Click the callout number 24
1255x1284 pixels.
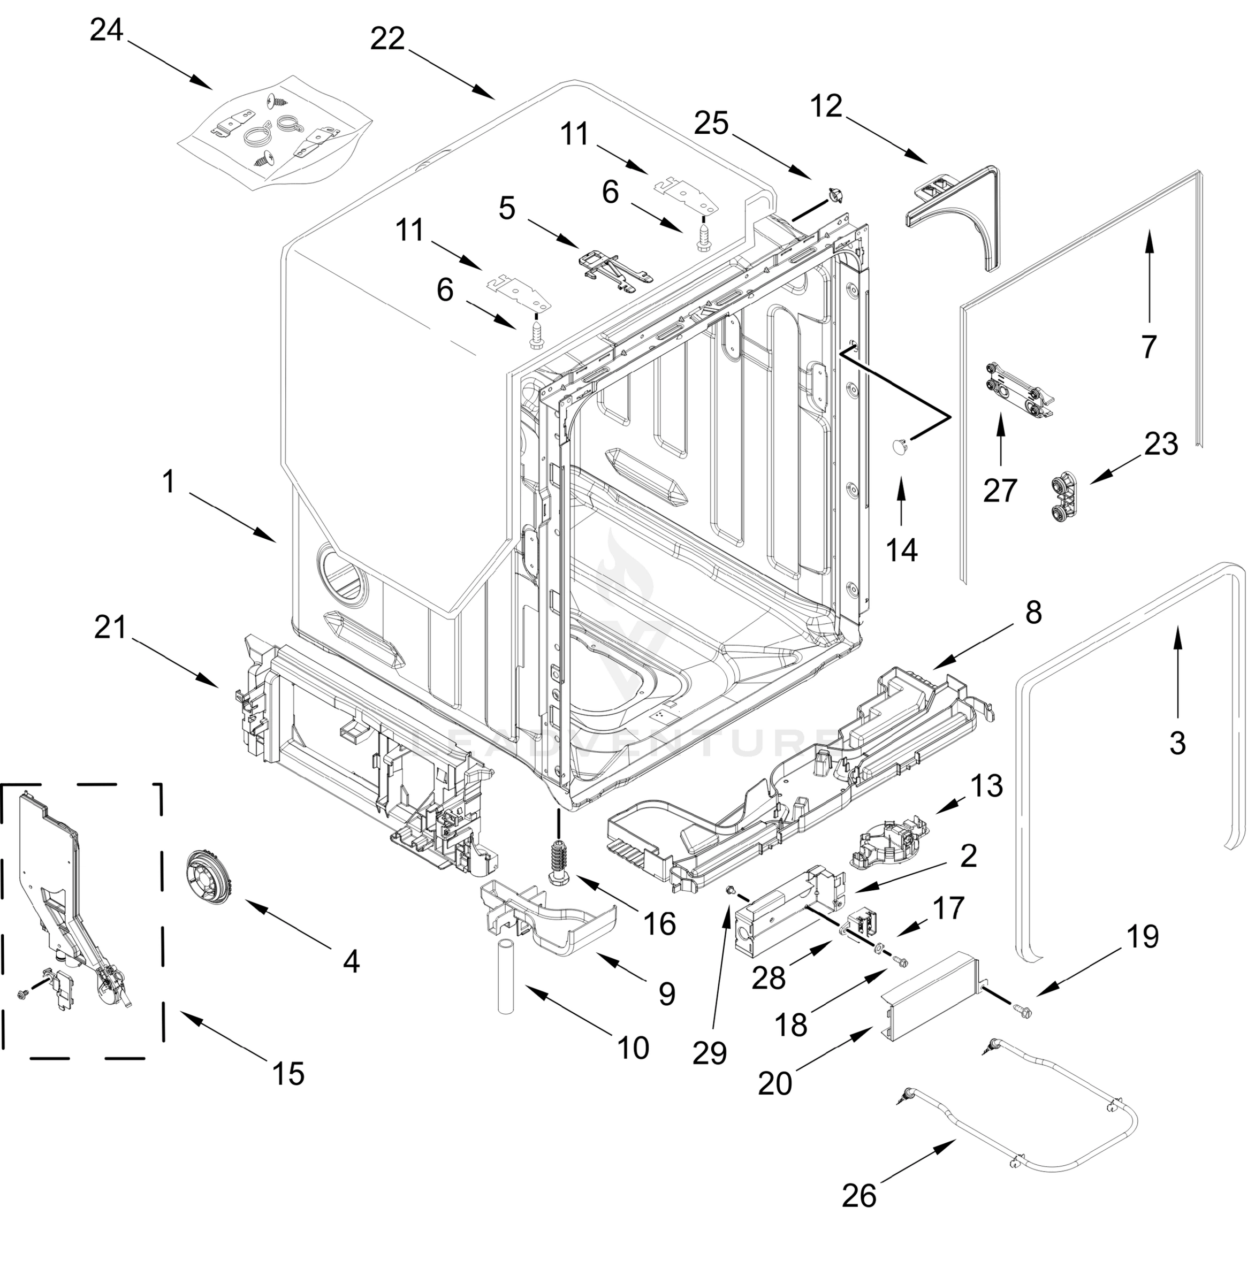pos(106,30)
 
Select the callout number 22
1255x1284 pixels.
pos(387,39)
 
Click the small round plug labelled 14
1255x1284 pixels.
pos(899,447)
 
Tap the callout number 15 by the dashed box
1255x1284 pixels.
pos(288,1073)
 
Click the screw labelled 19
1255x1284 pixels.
pos(1022,1007)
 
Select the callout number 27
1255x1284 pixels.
pos(1000,490)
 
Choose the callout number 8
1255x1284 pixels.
pos(1033,612)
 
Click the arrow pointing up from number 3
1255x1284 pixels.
pos(1178,671)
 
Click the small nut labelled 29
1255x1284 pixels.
pos(731,890)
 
